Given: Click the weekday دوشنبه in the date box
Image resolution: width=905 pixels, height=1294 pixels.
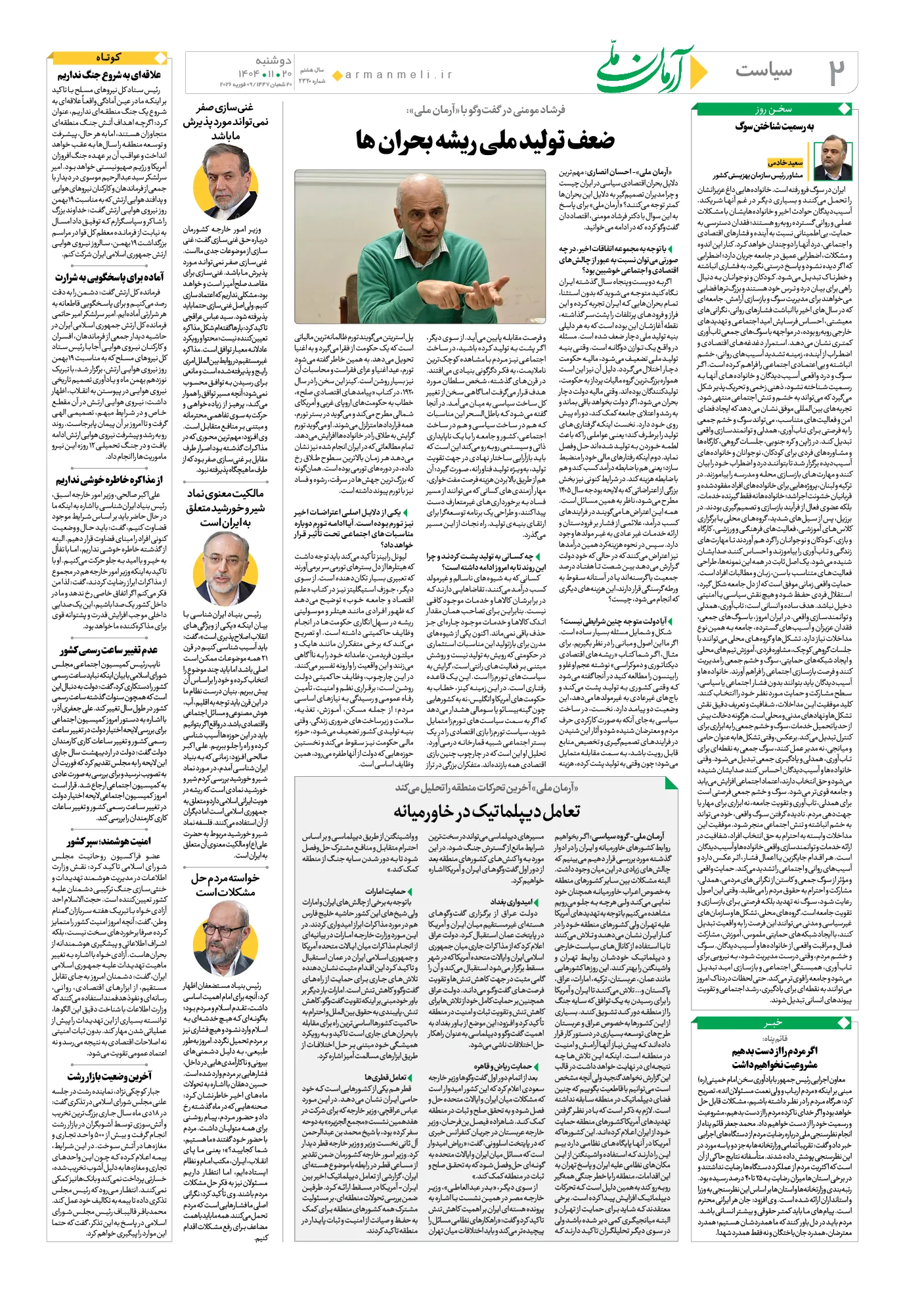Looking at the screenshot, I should coord(273,60).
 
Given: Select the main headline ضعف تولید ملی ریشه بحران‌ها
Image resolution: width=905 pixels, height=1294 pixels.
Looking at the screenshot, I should coord(485,140).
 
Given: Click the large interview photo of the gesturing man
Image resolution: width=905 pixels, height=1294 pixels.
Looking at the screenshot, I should coord(420,246).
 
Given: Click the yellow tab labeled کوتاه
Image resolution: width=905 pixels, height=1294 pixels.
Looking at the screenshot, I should coord(108,58).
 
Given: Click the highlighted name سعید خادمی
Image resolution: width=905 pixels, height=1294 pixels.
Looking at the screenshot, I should coord(785,162).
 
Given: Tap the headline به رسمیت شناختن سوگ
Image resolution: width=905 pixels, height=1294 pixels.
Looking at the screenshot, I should coord(774,127).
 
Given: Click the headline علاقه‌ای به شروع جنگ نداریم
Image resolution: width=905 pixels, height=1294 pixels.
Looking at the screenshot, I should coord(109,75).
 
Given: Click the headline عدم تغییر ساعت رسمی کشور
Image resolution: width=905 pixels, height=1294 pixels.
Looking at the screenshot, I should coord(108,650).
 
